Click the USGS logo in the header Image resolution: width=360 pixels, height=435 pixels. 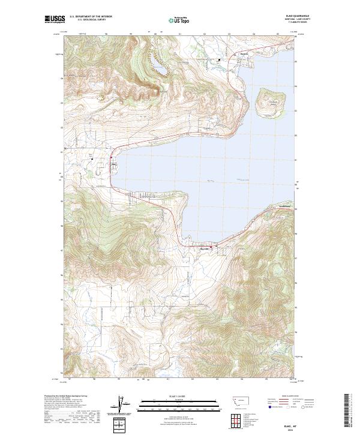(x=55, y=20)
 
